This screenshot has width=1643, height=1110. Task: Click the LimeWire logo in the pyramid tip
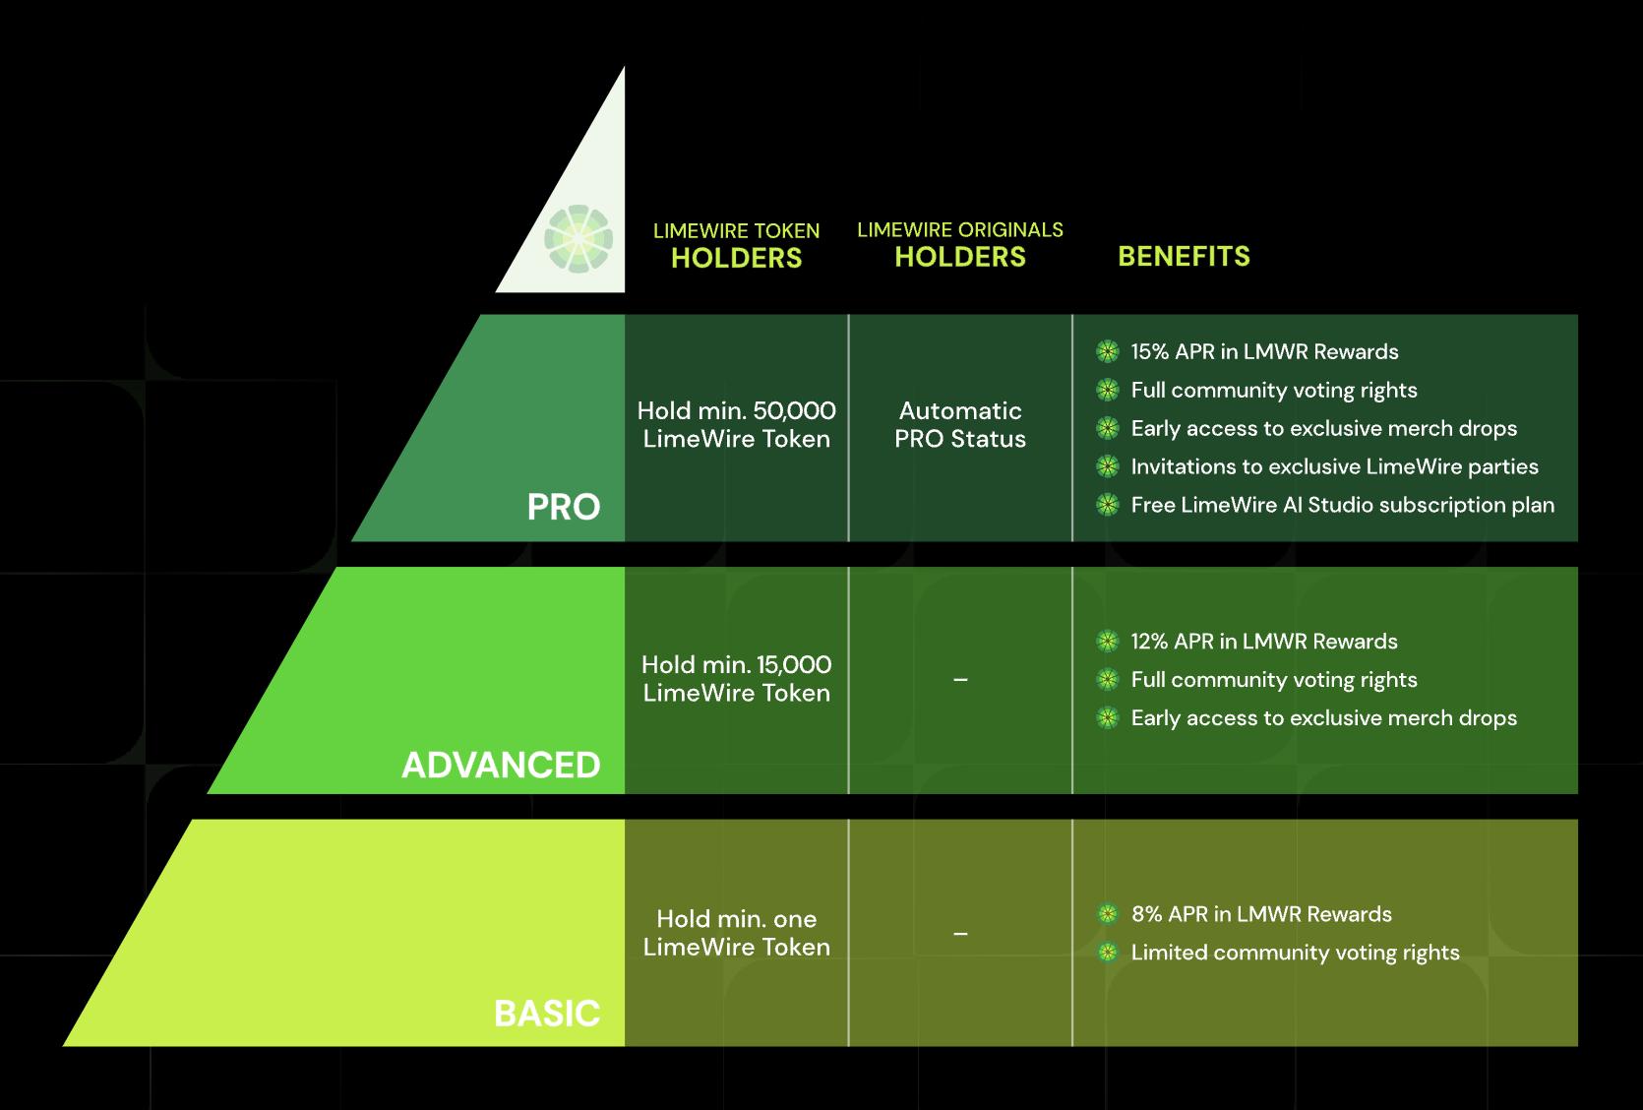578,239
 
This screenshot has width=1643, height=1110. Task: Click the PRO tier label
563,507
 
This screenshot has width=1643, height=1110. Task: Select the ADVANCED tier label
501,765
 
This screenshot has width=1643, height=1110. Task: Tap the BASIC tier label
547,1013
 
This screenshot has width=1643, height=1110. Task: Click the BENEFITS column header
1184,256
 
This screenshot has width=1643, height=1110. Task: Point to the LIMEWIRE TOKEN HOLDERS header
736,245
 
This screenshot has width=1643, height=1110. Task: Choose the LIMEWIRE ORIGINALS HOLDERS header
959,244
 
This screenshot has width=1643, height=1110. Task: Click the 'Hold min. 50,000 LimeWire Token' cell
736,424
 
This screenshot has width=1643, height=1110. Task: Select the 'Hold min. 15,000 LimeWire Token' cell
736,678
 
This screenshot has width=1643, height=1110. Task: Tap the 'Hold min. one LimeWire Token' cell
736,932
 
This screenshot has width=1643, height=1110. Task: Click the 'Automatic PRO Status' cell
959,424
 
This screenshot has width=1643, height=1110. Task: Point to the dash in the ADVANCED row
960,679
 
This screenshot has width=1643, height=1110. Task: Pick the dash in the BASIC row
960,933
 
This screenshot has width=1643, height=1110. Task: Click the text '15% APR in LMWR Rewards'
1264,351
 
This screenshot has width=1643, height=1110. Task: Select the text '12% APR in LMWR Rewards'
1264,641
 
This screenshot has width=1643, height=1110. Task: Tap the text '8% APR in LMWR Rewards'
1261,913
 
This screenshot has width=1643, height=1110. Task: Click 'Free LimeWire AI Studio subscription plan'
1342,505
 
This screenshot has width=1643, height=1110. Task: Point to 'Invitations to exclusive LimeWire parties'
1334,466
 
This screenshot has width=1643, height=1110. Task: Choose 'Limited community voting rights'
1295,952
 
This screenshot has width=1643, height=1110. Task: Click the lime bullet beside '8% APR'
1108,913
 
